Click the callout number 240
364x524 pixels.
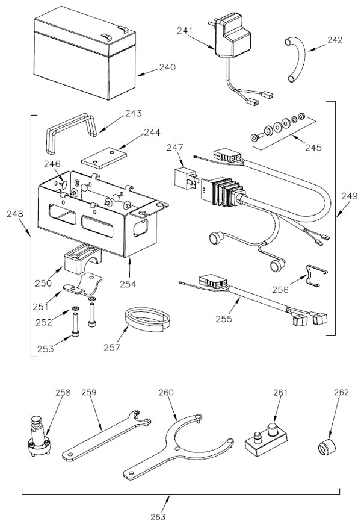[x=167, y=67]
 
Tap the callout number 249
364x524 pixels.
[x=348, y=196]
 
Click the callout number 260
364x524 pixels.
[x=166, y=392]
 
